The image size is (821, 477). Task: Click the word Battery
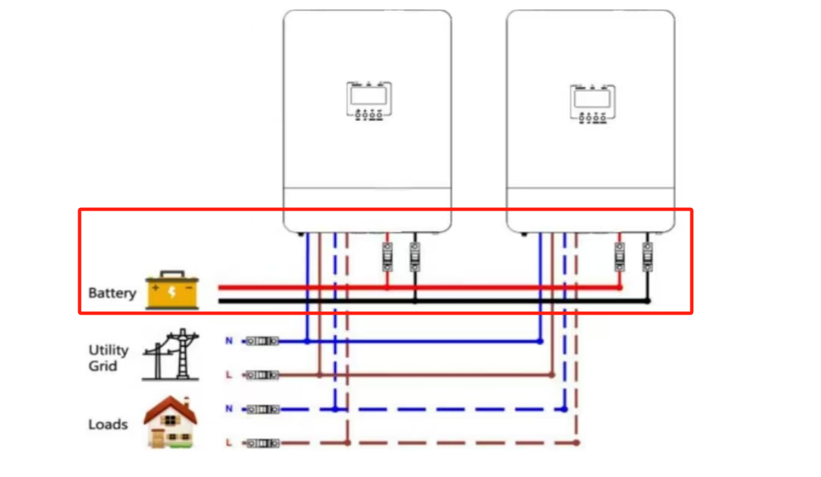tap(112, 294)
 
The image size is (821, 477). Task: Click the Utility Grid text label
tap(108, 358)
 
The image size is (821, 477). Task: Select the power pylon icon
tap(171, 354)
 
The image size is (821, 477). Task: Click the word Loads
tap(108, 425)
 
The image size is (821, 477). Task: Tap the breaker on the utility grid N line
tap(262, 340)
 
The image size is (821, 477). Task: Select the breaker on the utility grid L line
tap(262, 374)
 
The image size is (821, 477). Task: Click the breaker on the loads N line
tap(262, 409)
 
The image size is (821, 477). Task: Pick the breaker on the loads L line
tap(262, 443)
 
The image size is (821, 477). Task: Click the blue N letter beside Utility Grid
tap(229, 340)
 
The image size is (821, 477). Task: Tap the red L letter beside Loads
tap(229, 443)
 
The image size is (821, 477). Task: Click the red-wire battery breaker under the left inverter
tap(387, 257)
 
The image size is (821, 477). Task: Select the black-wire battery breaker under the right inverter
tap(648, 257)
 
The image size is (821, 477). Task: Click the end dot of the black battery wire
tap(648, 300)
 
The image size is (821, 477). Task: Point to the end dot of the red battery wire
tap(619, 287)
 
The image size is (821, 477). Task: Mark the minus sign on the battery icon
tap(189, 287)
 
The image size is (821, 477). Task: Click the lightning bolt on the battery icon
tap(172, 292)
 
